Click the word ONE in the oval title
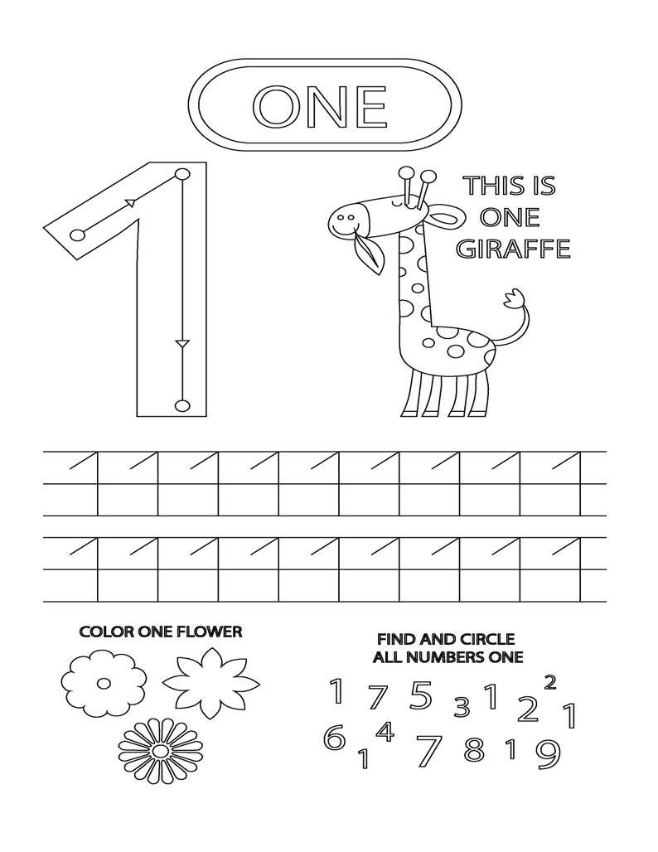[320, 106]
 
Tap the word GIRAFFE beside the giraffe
[514, 248]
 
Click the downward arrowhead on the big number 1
[182, 342]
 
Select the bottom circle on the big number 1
[182, 405]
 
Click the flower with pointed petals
[205, 682]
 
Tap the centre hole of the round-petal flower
[104, 684]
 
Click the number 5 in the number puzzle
[421, 695]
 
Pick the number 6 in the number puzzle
[334, 737]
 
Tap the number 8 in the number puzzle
[474, 749]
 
